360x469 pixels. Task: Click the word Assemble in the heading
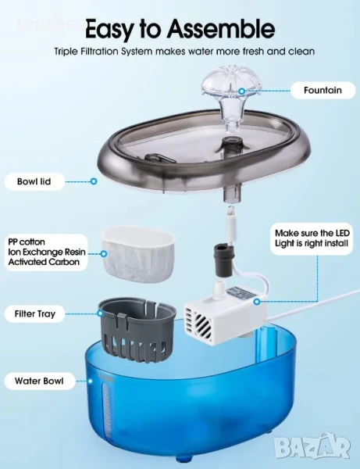coord(220,28)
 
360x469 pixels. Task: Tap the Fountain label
coord(323,90)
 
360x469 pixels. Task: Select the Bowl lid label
coord(34,181)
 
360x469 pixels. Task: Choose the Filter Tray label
coord(35,313)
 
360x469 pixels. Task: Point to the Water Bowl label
coord(39,381)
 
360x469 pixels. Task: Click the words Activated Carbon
coord(44,262)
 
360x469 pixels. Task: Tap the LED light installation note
coord(312,238)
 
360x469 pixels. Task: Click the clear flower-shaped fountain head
coord(228,98)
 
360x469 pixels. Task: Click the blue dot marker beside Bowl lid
coord(94,181)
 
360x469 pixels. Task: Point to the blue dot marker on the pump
coord(256,302)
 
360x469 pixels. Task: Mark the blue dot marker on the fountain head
coord(242,91)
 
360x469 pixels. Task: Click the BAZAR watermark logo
coord(312,446)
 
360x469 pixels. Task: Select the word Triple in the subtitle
coord(66,52)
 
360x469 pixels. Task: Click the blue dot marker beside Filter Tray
coord(100,313)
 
